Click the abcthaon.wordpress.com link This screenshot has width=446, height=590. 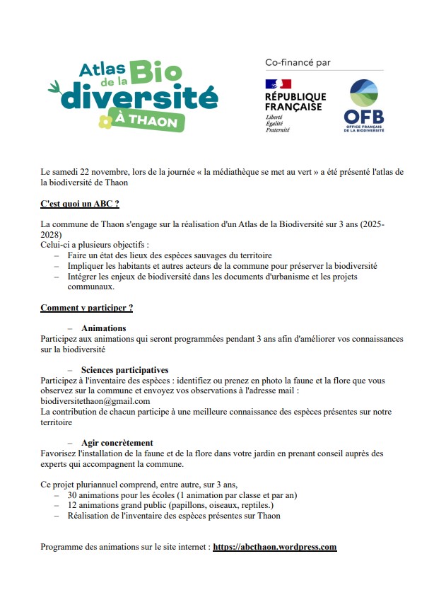(274, 547)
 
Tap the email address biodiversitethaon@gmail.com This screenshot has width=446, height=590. (95, 400)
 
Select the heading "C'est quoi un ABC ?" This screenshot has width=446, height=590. (79, 204)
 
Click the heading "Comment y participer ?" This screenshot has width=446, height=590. (86, 308)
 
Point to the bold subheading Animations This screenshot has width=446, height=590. (103, 328)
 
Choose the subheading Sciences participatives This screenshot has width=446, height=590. (124, 370)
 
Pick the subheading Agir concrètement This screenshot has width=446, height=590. (117, 443)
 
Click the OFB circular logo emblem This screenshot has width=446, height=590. (363, 94)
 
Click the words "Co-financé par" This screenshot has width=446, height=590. (298, 63)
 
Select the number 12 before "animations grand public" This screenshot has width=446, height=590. (73, 506)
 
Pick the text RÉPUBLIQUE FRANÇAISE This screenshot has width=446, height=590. (295, 101)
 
